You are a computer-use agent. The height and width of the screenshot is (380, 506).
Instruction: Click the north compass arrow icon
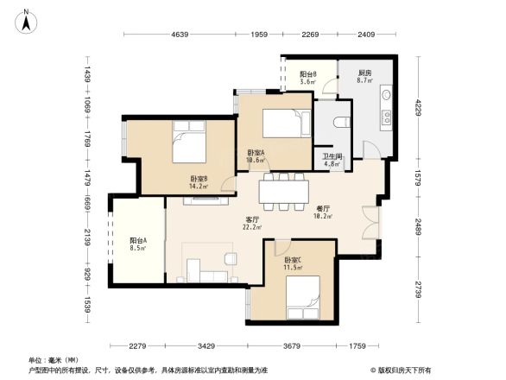(x=27, y=20)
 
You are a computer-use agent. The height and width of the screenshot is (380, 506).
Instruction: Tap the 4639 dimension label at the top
(x=180, y=35)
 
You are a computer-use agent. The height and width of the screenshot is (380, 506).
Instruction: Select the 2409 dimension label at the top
(x=367, y=35)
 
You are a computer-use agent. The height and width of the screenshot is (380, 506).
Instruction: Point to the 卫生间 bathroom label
(x=333, y=158)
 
